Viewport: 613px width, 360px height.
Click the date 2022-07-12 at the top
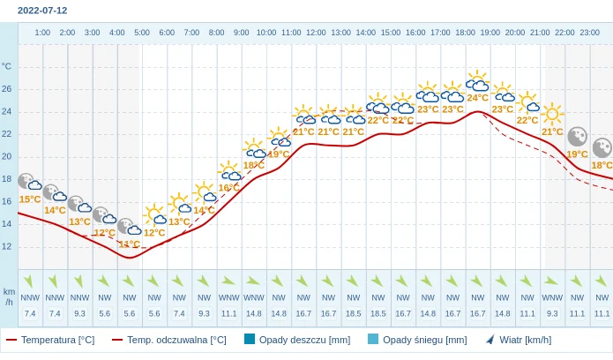pyautogui.click(x=42, y=11)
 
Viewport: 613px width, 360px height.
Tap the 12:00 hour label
pyautogui.click(x=316, y=33)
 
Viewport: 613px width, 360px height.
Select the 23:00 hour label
pyautogui.click(x=590, y=33)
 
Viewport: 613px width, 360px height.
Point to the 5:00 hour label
pyautogui.click(x=141, y=33)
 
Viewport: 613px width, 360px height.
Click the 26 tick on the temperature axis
pyautogui.click(x=7, y=89)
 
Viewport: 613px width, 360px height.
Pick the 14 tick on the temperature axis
pyautogui.click(x=7, y=224)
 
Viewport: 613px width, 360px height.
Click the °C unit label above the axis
pyautogui.click(x=7, y=66)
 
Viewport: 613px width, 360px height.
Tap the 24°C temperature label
pyautogui.click(x=477, y=98)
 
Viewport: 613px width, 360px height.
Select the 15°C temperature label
pyautogui.click(x=30, y=199)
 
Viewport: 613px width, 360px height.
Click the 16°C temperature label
pyautogui.click(x=228, y=188)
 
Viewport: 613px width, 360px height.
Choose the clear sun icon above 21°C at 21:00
pyautogui.click(x=552, y=114)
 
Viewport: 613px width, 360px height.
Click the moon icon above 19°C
pyautogui.click(x=577, y=137)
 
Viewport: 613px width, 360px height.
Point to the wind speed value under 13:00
pyautogui.click(x=329, y=313)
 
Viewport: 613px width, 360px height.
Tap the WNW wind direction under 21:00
pyautogui.click(x=552, y=297)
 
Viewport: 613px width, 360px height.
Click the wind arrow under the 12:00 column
pyautogui.click(x=303, y=281)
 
